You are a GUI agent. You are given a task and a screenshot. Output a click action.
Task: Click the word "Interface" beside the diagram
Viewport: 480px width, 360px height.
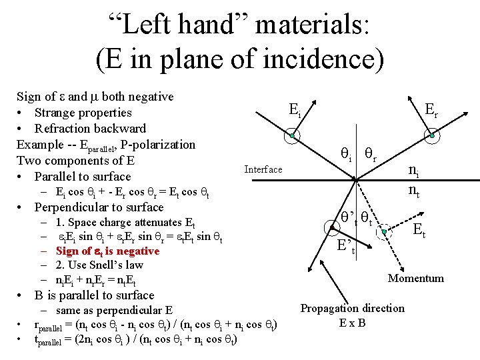pos(263,169)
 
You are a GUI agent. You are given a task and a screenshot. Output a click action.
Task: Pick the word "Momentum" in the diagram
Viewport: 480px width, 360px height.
pos(416,278)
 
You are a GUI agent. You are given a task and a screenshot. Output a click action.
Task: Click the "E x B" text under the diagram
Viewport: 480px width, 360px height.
pos(353,323)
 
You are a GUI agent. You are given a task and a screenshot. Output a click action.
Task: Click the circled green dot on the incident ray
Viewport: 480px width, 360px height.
pos(292,136)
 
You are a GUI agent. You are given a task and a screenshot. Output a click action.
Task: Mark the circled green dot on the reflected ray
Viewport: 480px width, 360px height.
pos(432,136)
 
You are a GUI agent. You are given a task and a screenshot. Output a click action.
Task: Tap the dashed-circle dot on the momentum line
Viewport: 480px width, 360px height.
pos(385,232)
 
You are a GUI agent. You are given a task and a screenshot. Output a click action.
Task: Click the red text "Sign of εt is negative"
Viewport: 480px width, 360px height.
pos(107,251)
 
